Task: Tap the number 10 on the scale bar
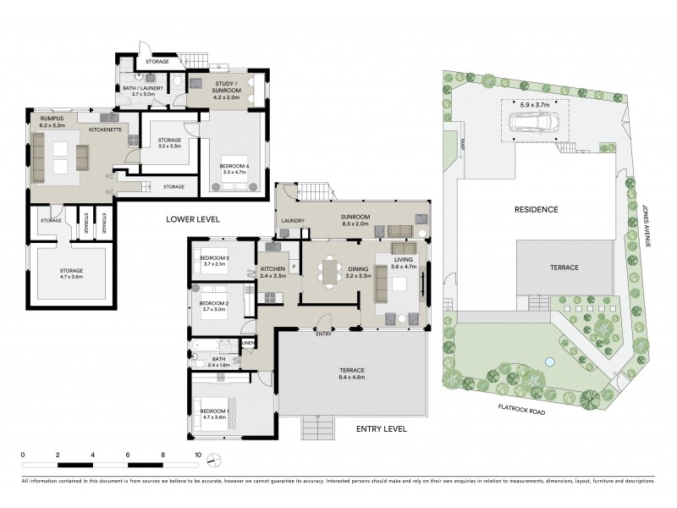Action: [x=197, y=454]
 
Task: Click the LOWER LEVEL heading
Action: [x=193, y=218]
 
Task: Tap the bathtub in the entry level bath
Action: [x=207, y=347]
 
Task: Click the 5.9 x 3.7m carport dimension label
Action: [x=535, y=105]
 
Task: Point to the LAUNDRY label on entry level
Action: [x=293, y=222]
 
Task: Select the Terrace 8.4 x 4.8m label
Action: [x=353, y=373]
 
